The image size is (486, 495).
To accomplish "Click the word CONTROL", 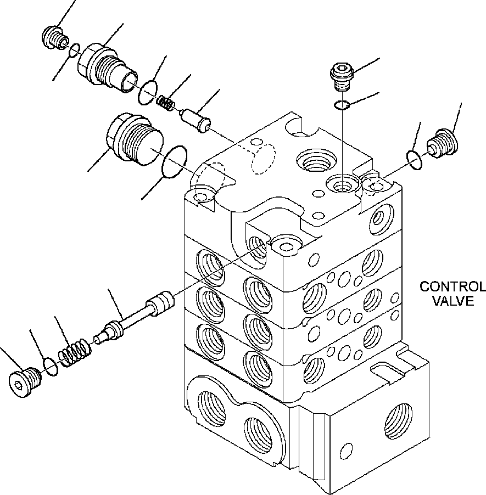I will tap(453, 286).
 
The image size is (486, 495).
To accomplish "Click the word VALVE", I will tap(453, 301).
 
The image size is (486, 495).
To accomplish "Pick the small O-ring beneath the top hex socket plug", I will tap(342, 105).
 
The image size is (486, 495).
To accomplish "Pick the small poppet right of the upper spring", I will tap(195, 119).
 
